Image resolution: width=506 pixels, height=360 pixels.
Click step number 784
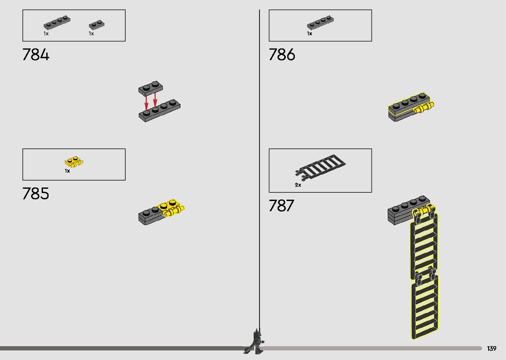pyautogui.click(x=36, y=55)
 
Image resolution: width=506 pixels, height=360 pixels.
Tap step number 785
pyautogui.click(x=36, y=194)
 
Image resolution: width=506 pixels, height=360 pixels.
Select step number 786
pyautogui.click(x=282, y=55)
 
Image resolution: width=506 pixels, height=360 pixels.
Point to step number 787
pyautogui.click(x=281, y=206)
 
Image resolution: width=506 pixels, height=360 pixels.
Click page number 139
pyautogui.click(x=491, y=349)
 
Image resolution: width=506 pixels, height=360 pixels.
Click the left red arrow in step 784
pyautogui.click(x=146, y=102)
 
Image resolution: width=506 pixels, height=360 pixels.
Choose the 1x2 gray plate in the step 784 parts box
pyautogui.click(x=97, y=25)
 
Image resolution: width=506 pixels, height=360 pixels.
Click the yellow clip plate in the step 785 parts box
pyautogui.click(x=74, y=162)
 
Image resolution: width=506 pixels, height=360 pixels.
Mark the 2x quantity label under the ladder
pyautogui.click(x=298, y=185)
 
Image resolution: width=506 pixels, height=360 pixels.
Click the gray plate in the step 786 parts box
pyautogui.click(x=320, y=23)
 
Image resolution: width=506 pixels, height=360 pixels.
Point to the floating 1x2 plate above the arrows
pyautogui.click(x=151, y=87)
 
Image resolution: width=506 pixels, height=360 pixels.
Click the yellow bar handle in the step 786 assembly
pyautogui.click(x=424, y=108)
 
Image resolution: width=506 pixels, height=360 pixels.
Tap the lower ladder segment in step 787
pyautogui.click(x=425, y=306)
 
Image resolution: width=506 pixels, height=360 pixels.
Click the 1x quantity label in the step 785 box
pyautogui.click(x=67, y=171)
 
